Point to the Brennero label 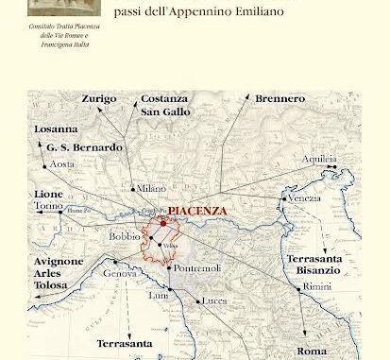280,98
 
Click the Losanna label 56,129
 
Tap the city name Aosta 62,163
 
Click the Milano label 150,188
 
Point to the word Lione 49,194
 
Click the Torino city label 49,205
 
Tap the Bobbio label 125,235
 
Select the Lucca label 214,300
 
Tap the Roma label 313,350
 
